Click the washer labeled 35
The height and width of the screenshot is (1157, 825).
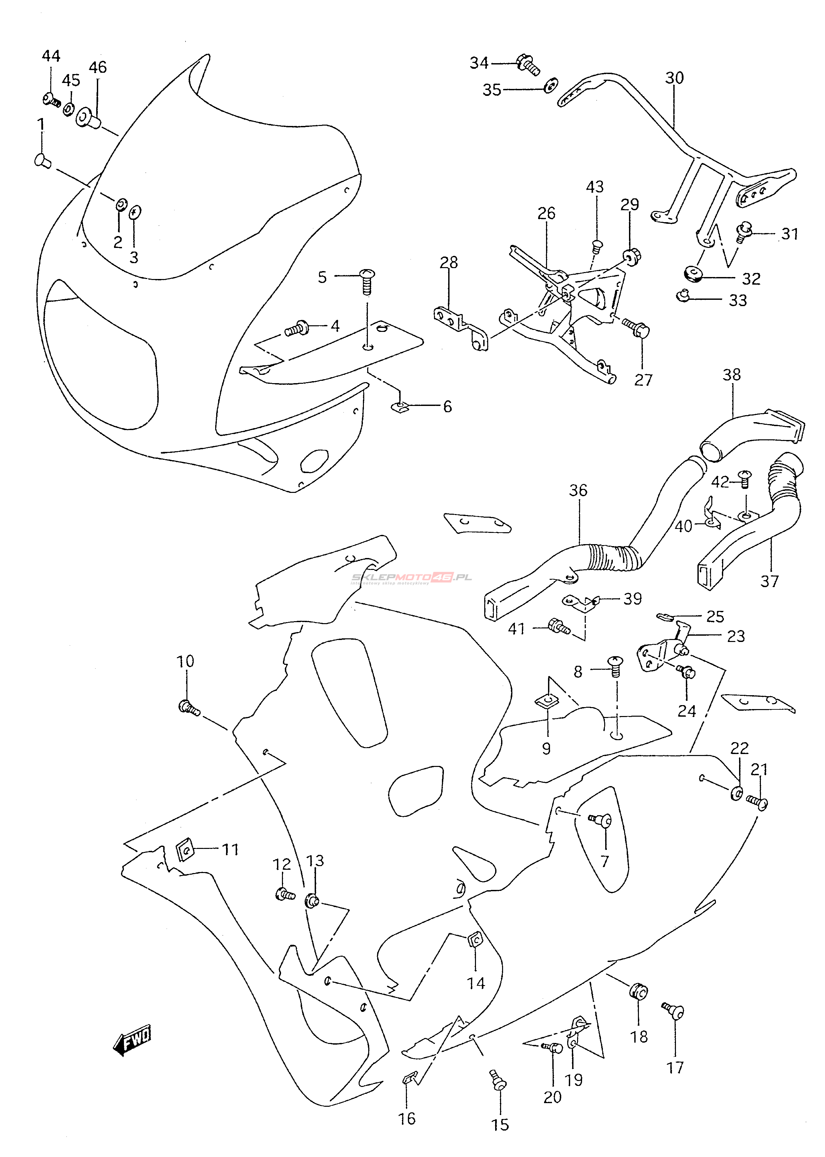[x=551, y=86]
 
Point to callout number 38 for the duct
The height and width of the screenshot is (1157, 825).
[x=732, y=375]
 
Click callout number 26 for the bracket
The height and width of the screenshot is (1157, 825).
[x=547, y=214]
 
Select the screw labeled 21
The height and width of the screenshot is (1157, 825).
[x=757, y=802]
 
